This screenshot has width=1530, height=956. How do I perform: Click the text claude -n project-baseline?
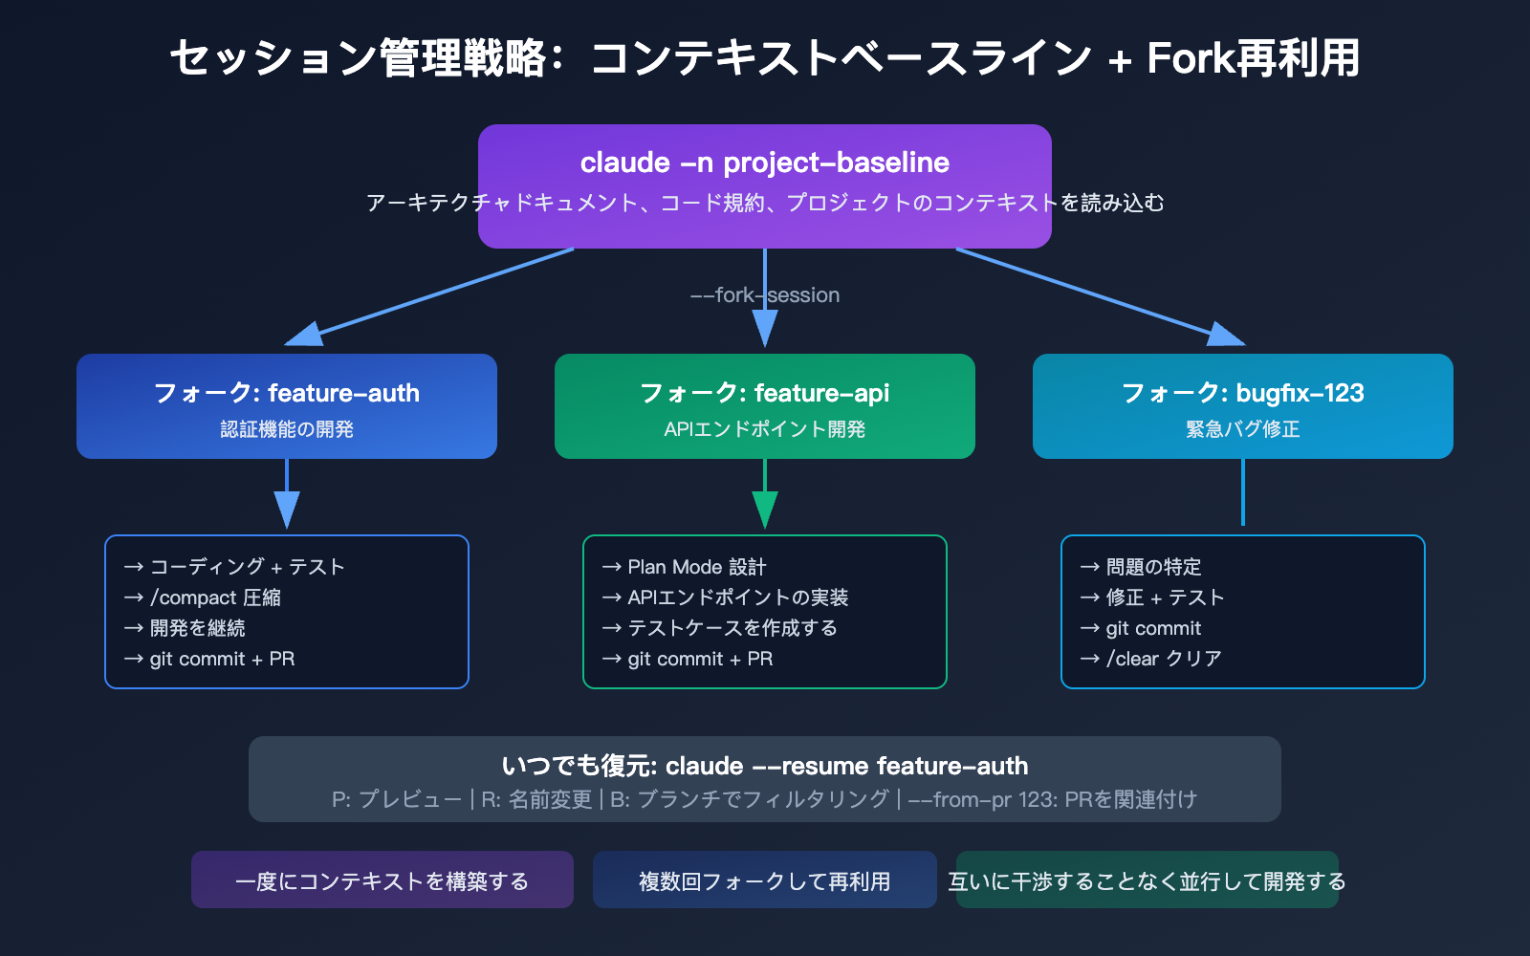[764, 163]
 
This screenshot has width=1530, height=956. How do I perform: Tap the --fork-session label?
[765, 295]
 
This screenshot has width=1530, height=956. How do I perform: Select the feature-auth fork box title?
[287, 393]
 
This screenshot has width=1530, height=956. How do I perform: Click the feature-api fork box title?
[765, 393]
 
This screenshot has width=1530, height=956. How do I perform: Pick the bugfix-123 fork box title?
[1243, 393]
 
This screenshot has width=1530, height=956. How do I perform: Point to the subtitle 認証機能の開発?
[287, 429]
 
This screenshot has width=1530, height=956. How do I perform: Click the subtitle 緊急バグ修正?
[1243, 429]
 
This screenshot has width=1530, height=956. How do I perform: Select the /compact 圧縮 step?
[215, 597]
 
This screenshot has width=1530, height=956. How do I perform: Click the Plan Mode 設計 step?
[696, 567]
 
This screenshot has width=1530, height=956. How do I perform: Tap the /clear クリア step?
[1163, 659]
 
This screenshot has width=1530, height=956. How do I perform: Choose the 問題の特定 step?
[1153, 567]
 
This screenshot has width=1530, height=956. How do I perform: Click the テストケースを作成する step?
[732, 628]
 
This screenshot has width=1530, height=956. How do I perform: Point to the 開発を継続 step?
[197, 628]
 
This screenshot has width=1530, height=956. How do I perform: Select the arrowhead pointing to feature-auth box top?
[304, 335]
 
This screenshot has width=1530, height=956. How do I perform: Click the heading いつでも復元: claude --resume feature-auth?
[765, 766]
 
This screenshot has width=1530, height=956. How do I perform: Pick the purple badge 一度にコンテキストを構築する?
[382, 880]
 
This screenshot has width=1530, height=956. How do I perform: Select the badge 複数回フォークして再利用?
[765, 880]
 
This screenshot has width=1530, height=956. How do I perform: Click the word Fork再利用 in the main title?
[1253, 58]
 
